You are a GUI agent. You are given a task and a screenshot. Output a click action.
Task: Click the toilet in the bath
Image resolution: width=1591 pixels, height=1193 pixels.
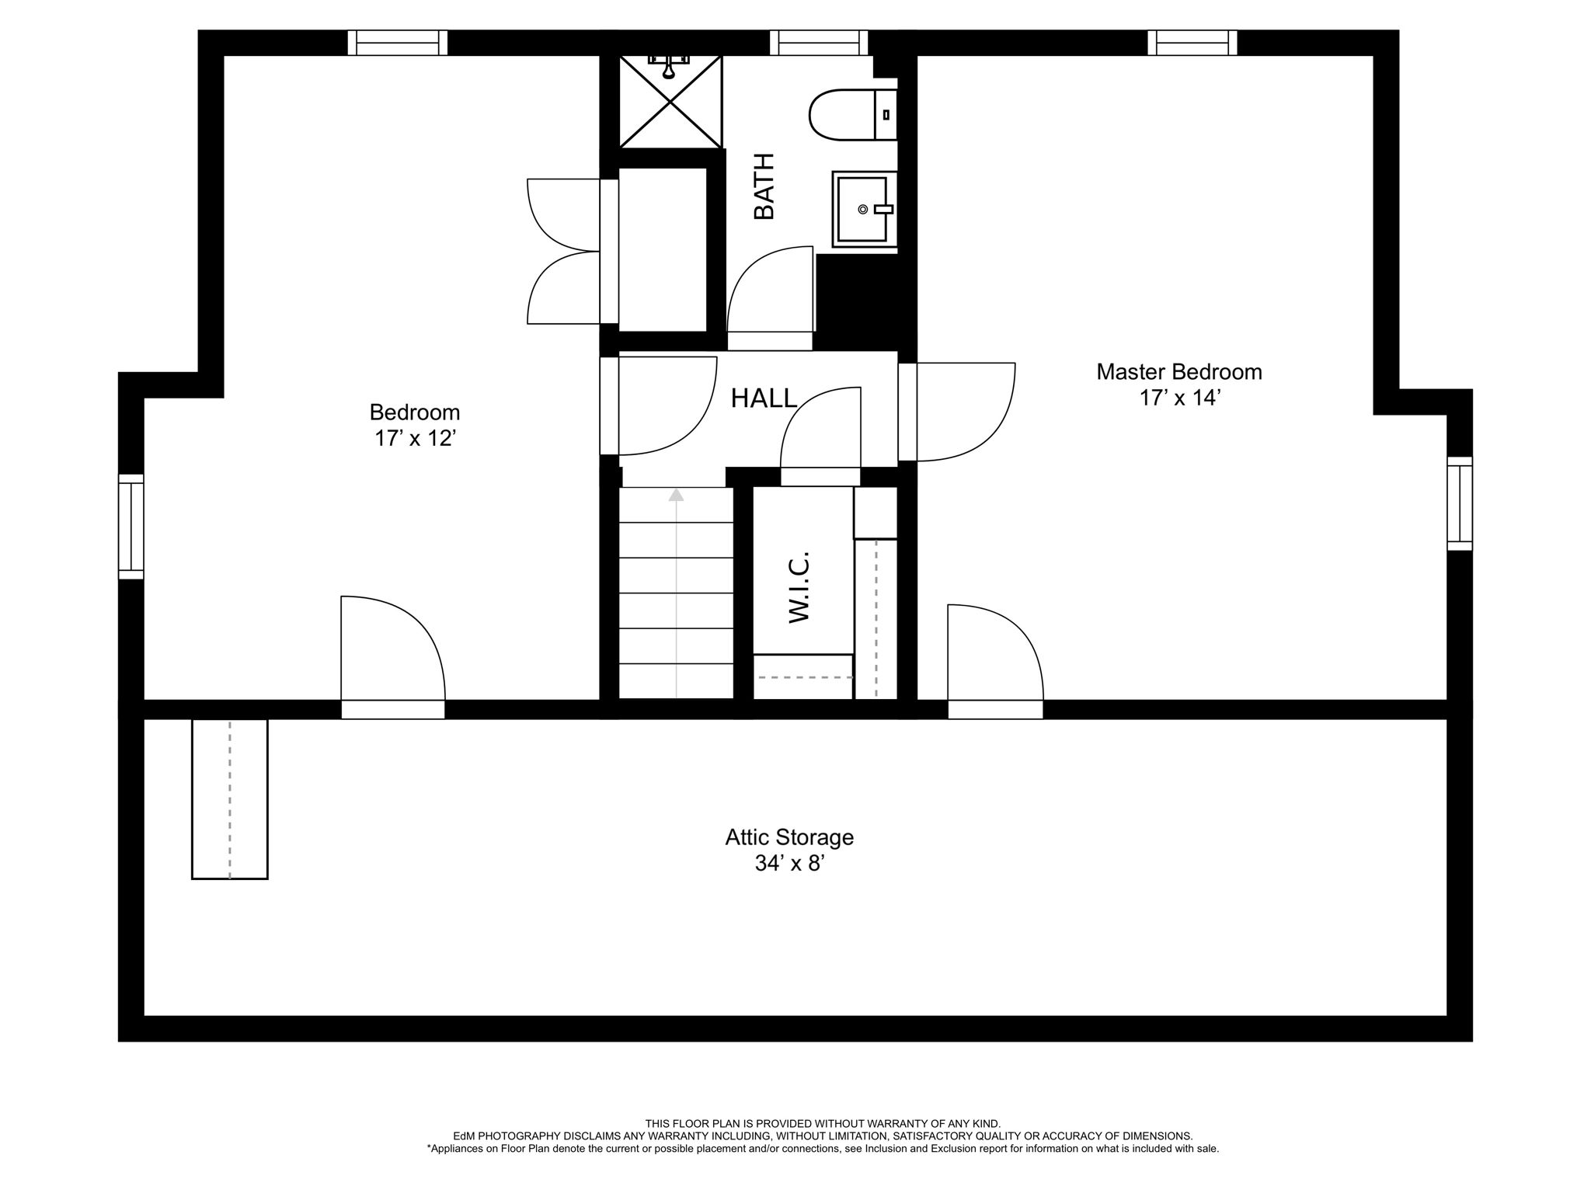pos(853,115)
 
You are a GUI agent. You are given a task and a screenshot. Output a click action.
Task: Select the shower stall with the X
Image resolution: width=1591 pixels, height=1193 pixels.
pos(670,101)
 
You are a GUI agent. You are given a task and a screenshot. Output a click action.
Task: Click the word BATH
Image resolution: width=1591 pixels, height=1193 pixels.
pos(764,186)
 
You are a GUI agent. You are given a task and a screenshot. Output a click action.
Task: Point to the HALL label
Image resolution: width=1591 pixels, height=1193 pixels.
pos(764,398)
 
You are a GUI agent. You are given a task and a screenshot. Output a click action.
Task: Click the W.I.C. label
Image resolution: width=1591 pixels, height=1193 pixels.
pos(799,587)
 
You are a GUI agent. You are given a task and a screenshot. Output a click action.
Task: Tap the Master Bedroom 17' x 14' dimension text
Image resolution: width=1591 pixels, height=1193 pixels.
pos(1179,398)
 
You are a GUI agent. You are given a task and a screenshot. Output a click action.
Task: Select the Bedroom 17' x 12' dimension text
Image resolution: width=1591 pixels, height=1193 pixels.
pos(414,439)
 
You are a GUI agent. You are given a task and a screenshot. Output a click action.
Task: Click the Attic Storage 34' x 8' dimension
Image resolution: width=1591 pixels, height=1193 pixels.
pos(789,864)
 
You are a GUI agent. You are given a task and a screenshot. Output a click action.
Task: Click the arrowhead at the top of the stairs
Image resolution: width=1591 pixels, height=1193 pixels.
pos(677,494)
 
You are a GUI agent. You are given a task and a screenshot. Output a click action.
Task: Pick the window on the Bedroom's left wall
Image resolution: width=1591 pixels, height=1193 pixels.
pos(131,527)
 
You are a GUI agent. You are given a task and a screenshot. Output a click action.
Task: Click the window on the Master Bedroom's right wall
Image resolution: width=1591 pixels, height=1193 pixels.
pos(1460,504)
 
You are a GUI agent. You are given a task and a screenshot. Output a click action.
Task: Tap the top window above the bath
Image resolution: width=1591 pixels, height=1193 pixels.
pos(819,43)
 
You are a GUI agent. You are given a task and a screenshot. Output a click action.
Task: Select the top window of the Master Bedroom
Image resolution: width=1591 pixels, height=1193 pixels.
pos(1192,43)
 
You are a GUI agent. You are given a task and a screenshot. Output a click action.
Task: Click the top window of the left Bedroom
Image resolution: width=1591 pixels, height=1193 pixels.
pos(398,43)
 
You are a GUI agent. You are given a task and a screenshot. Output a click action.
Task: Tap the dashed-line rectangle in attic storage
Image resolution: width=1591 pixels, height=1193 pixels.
pos(230,799)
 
